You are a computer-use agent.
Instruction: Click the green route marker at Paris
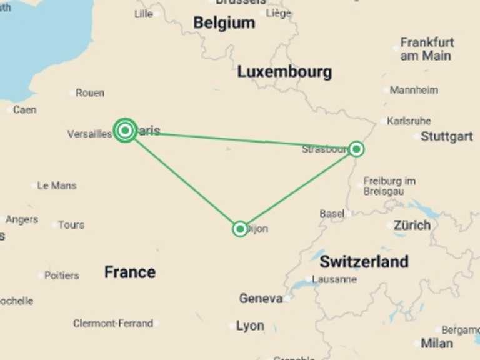(126, 130)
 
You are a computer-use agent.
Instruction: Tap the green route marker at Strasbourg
(356, 149)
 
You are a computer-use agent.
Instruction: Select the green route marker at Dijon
(240, 229)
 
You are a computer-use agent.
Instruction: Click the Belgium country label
(224, 23)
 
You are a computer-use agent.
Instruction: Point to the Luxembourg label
(284, 72)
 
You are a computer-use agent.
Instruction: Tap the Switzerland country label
(364, 261)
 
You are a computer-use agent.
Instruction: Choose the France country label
(130, 272)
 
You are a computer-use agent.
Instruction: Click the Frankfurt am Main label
(427, 49)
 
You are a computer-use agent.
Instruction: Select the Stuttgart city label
(446, 136)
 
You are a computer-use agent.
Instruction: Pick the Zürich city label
(412, 225)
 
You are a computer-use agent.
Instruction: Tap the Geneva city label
(261, 299)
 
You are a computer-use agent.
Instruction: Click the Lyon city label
(250, 326)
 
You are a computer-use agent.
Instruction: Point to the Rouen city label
(90, 92)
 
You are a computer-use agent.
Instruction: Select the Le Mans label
(57, 186)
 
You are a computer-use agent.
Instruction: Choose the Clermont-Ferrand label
(113, 324)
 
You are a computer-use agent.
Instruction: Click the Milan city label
(437, 342)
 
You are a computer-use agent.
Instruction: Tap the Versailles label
(89, 134)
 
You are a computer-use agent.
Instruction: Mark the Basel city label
(332, 214)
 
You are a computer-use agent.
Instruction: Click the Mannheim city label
(414, 90)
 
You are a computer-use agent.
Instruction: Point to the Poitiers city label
(62, 275)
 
